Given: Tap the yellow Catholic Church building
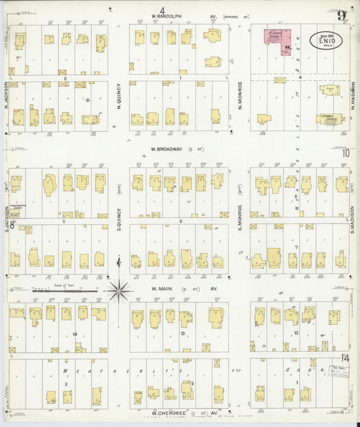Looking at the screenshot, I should coord(330,118).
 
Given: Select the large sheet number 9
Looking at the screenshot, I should coord(342,16).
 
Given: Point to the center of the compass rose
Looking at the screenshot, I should coord(119,291).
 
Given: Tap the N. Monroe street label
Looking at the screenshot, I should coord(240,101).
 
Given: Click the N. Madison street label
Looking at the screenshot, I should coord(353,101).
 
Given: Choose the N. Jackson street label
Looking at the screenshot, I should coord(6,95).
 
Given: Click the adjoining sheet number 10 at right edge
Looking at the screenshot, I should coord(346,153).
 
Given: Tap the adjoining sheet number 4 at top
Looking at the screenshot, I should coord(162,9).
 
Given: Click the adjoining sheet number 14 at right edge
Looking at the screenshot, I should coord(345,357).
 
